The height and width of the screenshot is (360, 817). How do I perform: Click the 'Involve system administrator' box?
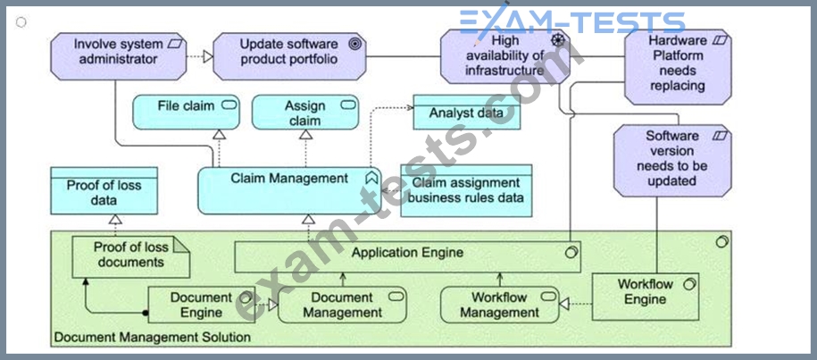pos(116,52)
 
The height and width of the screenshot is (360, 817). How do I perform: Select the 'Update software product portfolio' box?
pos(288,52)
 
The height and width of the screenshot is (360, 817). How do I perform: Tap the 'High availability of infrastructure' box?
pos(505,55)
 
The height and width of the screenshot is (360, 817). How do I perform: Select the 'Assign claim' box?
pos(305,113)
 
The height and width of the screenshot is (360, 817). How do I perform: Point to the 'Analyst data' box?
pos(465,113)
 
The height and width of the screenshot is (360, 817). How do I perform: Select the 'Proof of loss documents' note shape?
pos(130,256)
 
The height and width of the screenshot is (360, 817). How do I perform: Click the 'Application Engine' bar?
pos(407,254)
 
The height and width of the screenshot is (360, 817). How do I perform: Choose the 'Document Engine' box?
pos(201,305)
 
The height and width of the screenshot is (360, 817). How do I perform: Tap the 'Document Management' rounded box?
pos(342,305)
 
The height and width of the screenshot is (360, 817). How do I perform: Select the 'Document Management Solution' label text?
pos(152,337)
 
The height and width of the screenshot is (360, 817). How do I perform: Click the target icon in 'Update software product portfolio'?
pos(354,44)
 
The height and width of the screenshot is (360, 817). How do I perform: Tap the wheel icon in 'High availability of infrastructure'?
pos(559,39)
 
